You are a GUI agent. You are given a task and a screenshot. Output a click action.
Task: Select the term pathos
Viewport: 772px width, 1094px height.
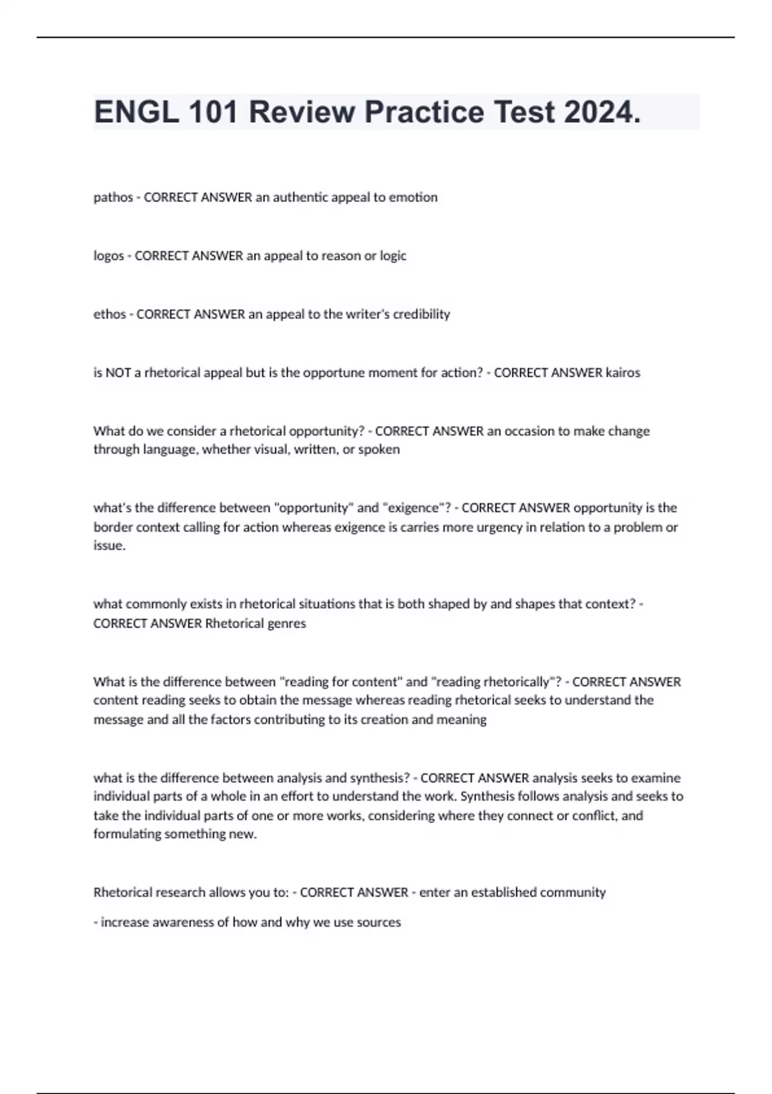coord(113,198)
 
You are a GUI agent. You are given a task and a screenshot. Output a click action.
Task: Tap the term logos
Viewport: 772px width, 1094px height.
coord(109,256)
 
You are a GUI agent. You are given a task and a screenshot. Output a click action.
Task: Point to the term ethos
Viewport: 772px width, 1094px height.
coord(109,315)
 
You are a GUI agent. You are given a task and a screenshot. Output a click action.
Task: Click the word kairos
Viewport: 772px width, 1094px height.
coord(623,373)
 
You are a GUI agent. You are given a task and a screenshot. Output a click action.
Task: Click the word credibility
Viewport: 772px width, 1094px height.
coord(421,315)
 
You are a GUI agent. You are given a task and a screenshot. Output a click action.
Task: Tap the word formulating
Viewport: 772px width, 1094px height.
coord(127,835)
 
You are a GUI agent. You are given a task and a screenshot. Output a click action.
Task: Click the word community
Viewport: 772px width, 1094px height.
coord(573,893)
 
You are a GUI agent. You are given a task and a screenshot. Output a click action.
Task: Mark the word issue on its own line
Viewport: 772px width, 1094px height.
coord(109,546)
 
